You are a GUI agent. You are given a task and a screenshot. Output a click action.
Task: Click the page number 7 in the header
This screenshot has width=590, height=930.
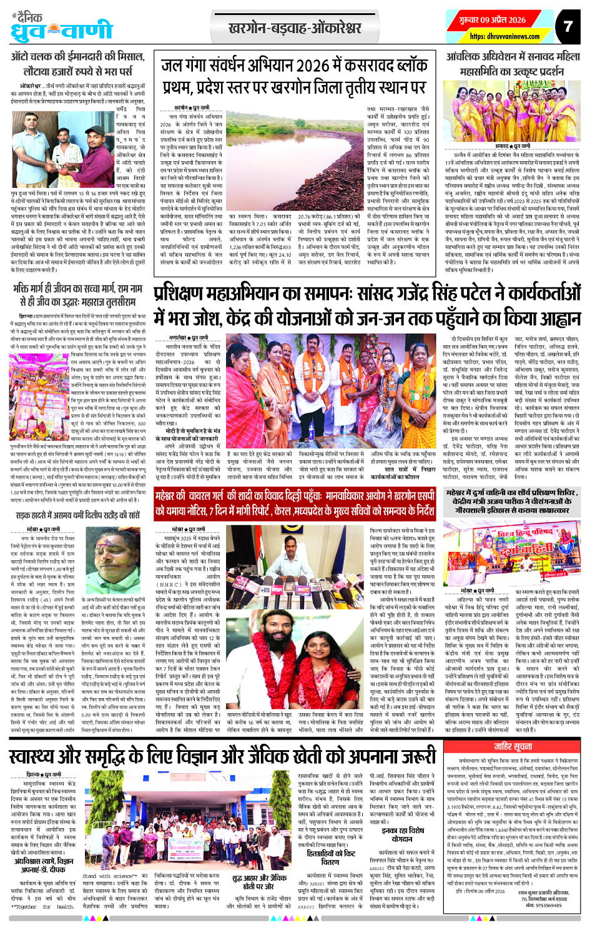[567, 26]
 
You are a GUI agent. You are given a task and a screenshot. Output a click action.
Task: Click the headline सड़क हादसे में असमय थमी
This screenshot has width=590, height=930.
[78, 516]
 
